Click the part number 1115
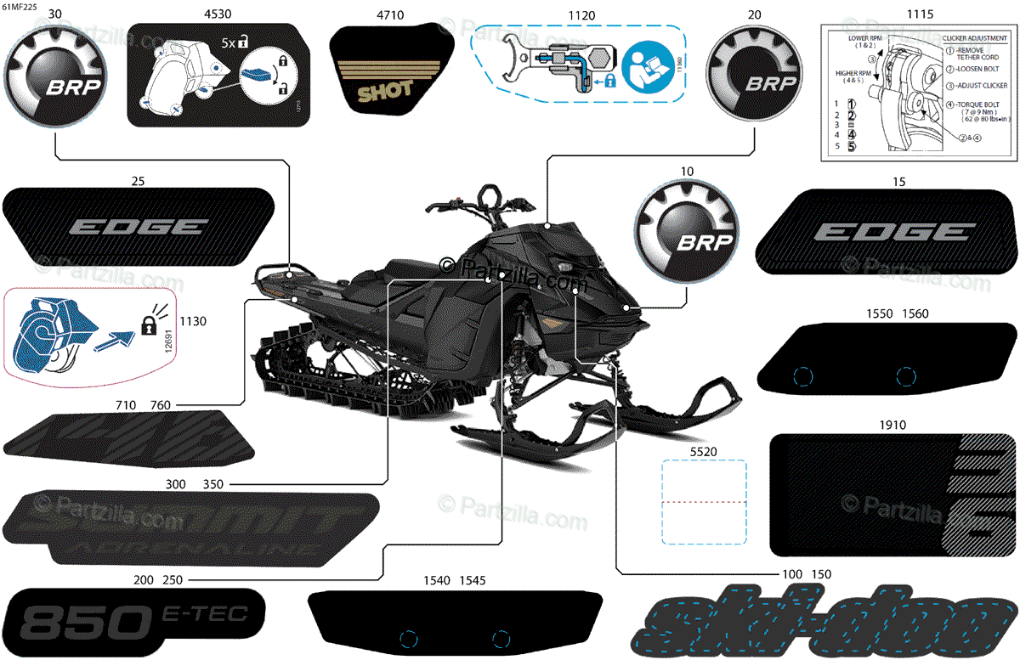click(920, 14)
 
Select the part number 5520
click(703, 453)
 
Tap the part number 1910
click(892, 425)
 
